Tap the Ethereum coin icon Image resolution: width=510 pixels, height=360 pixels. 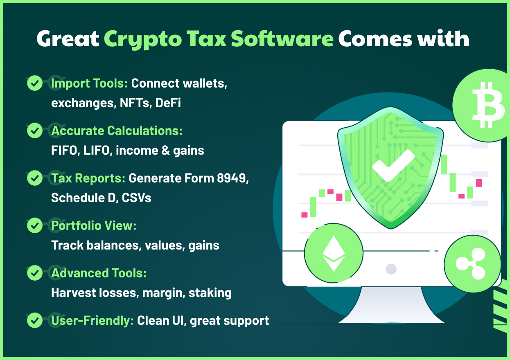coord(334,253)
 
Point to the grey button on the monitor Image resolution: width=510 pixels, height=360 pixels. coord(391,269)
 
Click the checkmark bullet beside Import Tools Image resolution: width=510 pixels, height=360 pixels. coord(35,83)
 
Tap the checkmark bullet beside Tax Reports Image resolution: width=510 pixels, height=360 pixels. coord(35,178)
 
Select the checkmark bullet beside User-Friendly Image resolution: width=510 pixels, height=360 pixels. coord(35,320)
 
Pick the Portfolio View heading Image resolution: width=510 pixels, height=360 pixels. coord(93,225)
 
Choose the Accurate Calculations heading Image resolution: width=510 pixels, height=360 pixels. coord(117,130)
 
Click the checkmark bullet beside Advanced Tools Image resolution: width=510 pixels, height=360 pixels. coord(35,273)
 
